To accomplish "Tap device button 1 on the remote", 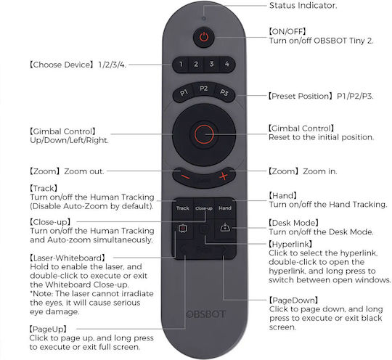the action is (181, 65).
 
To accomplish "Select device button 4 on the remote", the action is (227, 65).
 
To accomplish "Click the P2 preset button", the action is (204, 89).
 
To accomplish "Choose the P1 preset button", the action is (184, 93).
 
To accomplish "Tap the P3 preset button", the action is (224, 93).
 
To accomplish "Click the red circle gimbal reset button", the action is (204, 134).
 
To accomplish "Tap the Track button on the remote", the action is (183, 208).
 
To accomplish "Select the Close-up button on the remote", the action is (204, 208).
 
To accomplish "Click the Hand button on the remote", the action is (225, 208).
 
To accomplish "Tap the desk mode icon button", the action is (225, 228).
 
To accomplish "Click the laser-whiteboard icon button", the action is (183, 229).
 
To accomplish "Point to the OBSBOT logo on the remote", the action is (206, 314).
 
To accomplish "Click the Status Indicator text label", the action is (303, 6).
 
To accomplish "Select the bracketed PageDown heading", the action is (293, 300).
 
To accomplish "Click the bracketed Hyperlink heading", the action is (290, 244).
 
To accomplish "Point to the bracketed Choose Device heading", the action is (62, 65).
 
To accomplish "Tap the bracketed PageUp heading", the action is (48, 329).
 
